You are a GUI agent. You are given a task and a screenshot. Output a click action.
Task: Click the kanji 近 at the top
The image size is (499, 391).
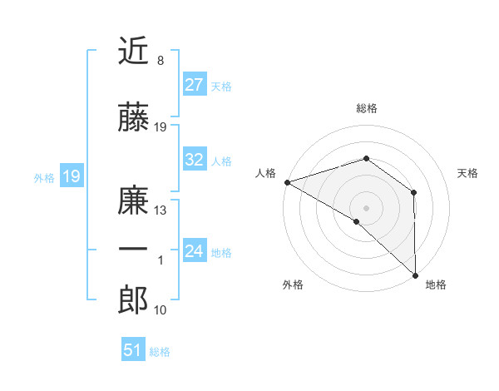coord(133,52)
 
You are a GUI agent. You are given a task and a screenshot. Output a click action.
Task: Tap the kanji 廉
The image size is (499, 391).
coord(133,202)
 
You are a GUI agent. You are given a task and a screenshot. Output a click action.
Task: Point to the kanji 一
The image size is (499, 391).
coord(133,250)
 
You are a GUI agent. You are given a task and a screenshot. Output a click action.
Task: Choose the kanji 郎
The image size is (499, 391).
coord(133,300)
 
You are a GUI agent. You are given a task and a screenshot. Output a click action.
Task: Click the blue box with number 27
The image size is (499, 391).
coord(194,85)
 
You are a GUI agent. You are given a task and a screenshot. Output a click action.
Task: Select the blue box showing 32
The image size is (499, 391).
coord(194,161)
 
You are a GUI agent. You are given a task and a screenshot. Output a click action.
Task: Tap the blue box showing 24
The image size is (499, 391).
coord(194,251)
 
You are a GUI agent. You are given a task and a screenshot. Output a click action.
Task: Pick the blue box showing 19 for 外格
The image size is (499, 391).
coord(71,176)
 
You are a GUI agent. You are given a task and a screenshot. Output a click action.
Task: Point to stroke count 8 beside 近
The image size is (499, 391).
coord(160,61)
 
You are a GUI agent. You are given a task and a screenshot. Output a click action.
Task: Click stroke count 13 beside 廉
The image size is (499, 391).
coord(161,210)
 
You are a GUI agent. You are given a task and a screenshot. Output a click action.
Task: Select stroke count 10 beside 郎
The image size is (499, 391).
coord(161,309)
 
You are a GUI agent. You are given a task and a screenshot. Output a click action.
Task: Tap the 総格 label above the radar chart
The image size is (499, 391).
coord(366,108)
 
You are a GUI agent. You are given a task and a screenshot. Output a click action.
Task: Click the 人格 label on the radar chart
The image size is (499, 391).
coord(266,173)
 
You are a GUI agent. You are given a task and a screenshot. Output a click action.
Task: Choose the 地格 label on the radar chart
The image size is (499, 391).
coord(436,285)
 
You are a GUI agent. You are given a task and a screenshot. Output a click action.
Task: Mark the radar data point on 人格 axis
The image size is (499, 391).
coord(287,182)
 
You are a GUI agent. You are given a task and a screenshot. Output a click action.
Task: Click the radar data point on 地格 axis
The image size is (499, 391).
coord(414,275)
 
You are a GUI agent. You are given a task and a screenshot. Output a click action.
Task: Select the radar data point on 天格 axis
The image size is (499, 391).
coord(413,193)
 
